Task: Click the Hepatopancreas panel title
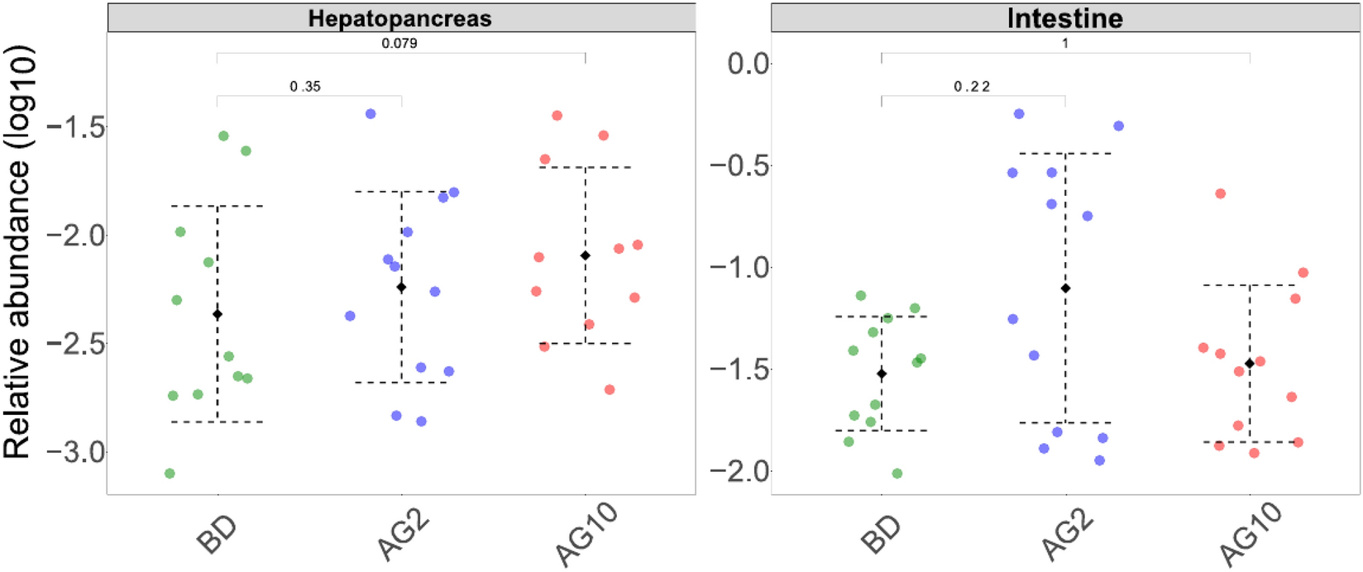[399, 18]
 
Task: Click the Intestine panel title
[1064, 18]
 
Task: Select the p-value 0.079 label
[399, 43]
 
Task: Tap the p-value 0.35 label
[305, 86]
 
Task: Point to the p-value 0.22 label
[972, 86]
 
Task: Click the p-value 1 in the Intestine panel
[1065, 43]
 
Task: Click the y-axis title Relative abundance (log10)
[18, 252]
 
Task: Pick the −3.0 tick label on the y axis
[76, 452]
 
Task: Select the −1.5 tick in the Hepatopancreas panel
[76, 127]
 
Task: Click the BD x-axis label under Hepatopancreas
[217, 535]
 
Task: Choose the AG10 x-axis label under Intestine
[1250, 536]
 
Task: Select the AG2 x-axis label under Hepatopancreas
[402, 536]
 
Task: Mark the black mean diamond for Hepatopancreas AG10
[586, 255]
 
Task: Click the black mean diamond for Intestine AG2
[1065, 288]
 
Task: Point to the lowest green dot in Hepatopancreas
[170, 474]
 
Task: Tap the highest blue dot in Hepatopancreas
[371, 114]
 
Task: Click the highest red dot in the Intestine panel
[1220, 193]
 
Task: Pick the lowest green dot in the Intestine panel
[897, 474]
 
